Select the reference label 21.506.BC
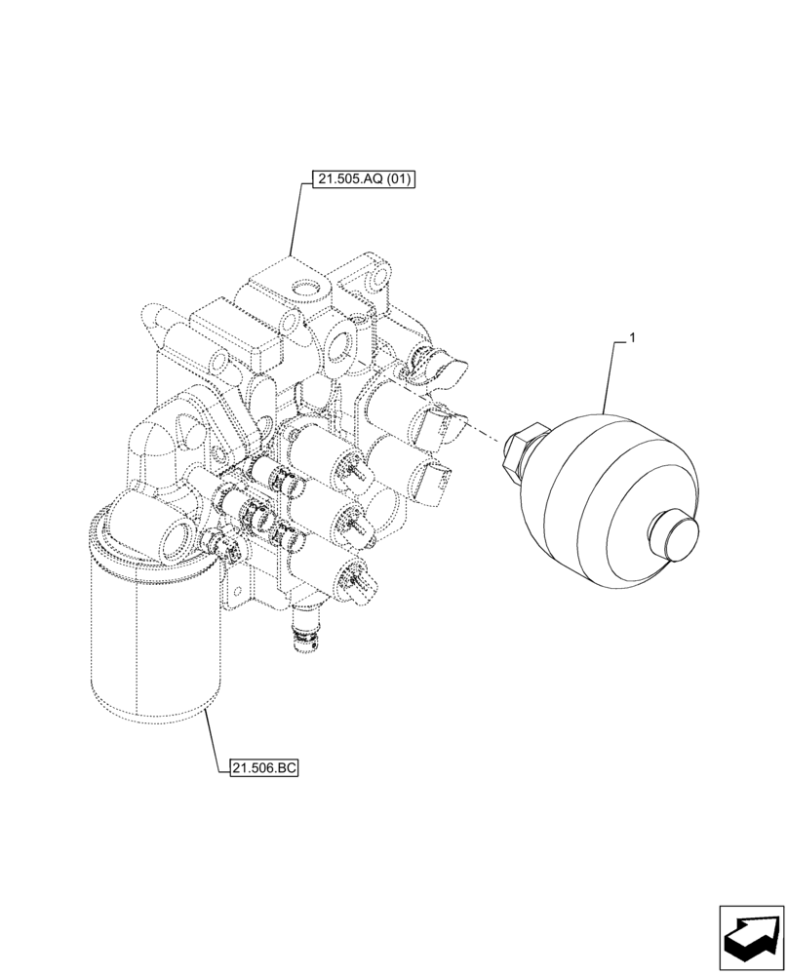(x=262, y=768)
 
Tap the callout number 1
(x=633, y=337)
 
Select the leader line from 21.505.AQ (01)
(x=295, y=219)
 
